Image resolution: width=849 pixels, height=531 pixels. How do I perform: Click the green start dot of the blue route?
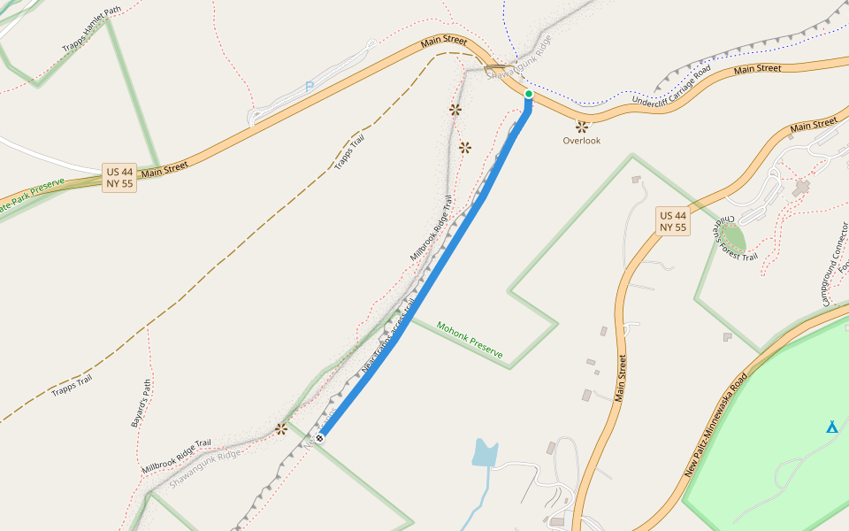[529, 93]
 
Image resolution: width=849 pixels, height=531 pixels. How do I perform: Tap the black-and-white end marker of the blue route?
[319, 438]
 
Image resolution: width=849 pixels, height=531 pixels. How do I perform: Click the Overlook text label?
[582, 141]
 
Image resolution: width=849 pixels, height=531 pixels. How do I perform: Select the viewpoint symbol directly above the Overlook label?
[582, 127]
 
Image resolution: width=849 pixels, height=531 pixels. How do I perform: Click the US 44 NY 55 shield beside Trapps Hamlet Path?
[119, 178]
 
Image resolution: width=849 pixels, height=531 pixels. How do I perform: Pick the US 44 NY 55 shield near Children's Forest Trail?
[673, 221]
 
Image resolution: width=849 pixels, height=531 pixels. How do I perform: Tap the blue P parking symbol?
[309, 87]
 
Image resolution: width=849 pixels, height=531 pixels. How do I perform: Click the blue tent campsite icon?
[831, 427]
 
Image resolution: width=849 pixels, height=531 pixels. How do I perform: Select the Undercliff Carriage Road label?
[672, 88]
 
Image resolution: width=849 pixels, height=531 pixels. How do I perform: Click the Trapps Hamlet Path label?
[91, 30]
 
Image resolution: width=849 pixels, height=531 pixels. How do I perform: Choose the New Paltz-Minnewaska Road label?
[715, 426]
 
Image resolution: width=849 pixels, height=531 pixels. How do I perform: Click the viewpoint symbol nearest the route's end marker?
[281, 429]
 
